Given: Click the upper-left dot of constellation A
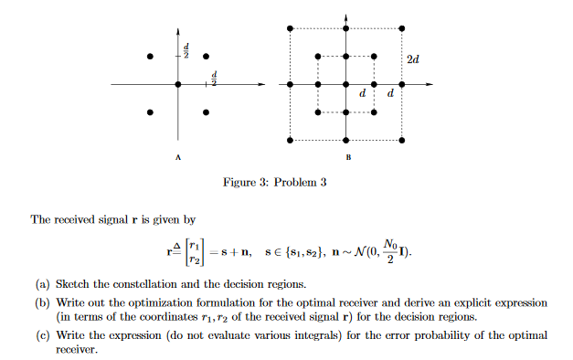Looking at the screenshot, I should coord(150,57).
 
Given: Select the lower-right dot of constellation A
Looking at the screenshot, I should coord(206,112).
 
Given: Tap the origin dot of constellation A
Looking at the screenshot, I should coord(178,85).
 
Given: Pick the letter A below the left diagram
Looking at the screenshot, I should coord(177,157).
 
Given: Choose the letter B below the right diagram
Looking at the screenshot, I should coord(347,157).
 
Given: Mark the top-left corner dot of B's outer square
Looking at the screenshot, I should coord(291,29).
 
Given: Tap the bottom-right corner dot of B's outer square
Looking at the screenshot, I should coord(402,141).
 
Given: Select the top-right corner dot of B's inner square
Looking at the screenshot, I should coord(375,57).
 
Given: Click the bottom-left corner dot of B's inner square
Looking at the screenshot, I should coord(318,112).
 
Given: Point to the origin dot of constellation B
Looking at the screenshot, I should coord(346,85).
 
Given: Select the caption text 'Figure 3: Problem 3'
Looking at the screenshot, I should coord(274,183).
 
